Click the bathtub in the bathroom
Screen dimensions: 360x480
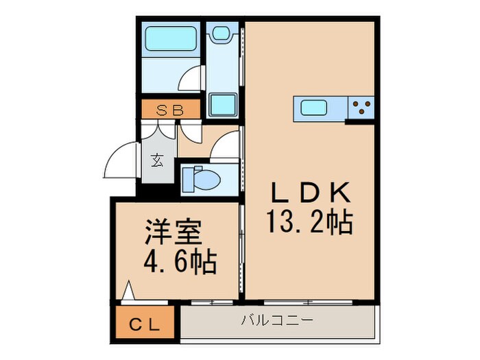click(169, 40)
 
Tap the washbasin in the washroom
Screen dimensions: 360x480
click(221, 33)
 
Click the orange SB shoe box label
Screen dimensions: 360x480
click(171, 109)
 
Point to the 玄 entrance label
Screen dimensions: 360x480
click(158, 162)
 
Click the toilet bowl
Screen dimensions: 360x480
click(205, 179)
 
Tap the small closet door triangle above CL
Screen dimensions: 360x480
click(128, 292)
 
